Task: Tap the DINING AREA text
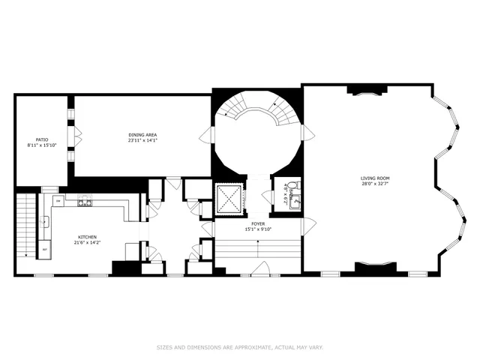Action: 142,134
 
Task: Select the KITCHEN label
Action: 85,238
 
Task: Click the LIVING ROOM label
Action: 375,178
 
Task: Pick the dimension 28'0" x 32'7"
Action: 375,184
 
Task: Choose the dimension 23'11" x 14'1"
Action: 142,139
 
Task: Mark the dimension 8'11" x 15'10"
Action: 42,145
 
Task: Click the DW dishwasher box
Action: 58,201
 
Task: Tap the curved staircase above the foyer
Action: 257,112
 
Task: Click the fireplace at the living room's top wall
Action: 367,89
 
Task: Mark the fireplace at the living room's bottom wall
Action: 375,265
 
